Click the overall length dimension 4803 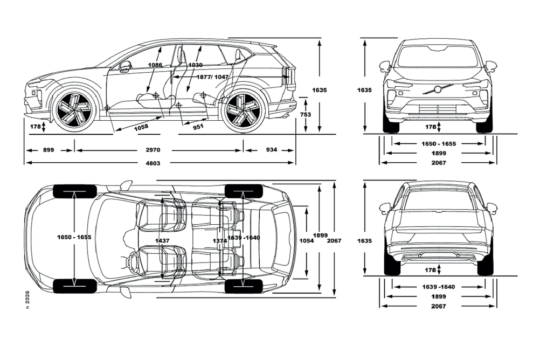coord(155,163)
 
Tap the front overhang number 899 coord(48,150)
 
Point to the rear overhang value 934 coord(271,150)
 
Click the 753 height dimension coord(306,114)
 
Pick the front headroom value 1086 coord(155,65)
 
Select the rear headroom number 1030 coord(196,65)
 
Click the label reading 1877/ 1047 coord(212,77)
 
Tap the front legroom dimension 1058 coord(141,127)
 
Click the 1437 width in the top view coord(162,240)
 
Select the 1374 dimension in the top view coord(219,240)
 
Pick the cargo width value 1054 coord(306,240)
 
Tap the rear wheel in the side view coord(243,110)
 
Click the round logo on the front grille coord(438,89)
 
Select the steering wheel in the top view coord(131,262)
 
